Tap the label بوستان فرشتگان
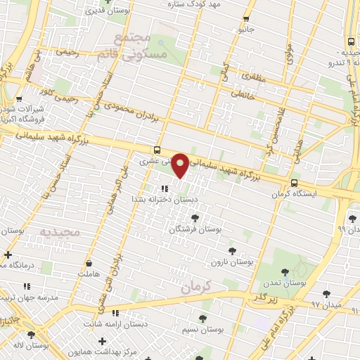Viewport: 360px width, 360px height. pyautogui.click(x=196, y=229)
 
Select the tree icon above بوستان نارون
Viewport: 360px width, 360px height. pyautogui.click(x=233, y=250)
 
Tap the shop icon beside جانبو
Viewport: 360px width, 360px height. pyautogui.click(x=245, y=19)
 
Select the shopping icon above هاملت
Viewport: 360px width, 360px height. pyautogui.click(x=90, y=263)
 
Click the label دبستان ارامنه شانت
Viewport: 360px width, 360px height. pyautogui.click(x=115, y=323)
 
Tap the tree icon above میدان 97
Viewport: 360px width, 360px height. pyautogui.click(x=326, y=294)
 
